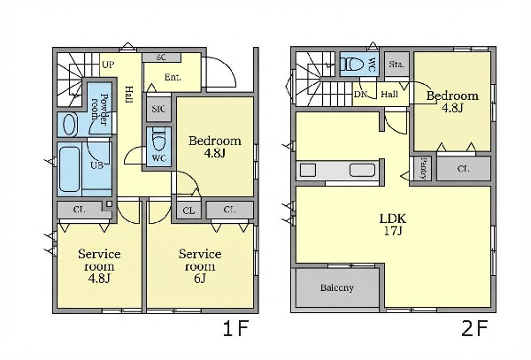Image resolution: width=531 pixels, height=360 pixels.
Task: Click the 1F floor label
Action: point(235,328)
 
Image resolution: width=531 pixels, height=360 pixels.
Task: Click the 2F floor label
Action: point(474,328)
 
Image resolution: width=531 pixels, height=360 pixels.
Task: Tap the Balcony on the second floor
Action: point(337,287)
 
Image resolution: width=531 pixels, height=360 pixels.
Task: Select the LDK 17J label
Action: point(392,225)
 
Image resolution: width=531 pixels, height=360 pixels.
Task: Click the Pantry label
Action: point(423,168)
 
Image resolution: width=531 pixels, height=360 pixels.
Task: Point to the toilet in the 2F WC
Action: point(352,64)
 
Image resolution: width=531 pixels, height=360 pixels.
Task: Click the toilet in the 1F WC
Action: point(158,140)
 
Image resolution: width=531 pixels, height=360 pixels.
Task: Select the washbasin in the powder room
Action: point(70,125)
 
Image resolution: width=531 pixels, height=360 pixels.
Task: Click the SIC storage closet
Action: point(158,109)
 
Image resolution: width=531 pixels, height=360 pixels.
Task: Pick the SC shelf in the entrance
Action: point(161,57)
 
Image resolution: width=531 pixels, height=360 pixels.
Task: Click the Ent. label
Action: point(173,78)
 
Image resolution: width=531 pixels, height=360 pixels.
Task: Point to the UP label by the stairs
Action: point(108,65)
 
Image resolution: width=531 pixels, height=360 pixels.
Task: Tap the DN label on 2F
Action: point(360,95)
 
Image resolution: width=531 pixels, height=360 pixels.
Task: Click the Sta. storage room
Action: point(396,64)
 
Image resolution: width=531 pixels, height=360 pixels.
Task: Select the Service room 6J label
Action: point(200,266)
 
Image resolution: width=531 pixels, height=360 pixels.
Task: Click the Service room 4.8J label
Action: point(99,266)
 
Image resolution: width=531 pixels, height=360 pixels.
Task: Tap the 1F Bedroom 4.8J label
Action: point(215,147)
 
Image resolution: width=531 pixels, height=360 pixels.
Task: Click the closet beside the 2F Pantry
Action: point(463,168)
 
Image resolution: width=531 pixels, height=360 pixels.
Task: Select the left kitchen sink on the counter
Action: point(308,170)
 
